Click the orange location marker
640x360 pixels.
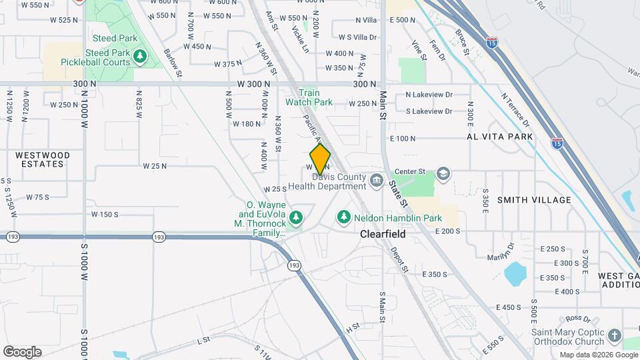[320, 159]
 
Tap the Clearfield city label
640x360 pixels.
[383, 234]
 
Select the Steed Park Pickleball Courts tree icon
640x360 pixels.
[139, 57]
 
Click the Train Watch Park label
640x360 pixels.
[309, 98]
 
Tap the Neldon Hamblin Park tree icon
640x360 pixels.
[343, 217]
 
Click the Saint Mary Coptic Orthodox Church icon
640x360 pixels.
[614, 335]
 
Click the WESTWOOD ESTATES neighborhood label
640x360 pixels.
[42, 159]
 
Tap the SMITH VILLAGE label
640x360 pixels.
[534, 200]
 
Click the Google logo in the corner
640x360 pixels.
[22, 351]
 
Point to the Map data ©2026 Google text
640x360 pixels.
[598, 355]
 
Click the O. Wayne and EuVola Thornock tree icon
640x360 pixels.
[295, 217]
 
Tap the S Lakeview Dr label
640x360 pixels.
[429, 111]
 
